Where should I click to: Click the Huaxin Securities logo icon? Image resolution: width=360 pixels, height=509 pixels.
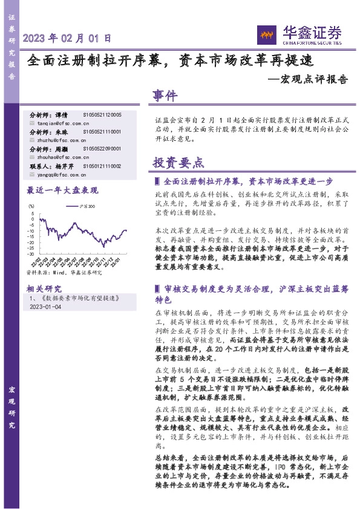click(267, 34)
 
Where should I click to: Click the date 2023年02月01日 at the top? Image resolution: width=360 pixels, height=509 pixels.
click(67, 38)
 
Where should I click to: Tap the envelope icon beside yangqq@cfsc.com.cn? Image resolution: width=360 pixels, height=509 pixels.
click(32, 174)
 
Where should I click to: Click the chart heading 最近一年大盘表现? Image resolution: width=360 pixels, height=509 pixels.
click(62, 190)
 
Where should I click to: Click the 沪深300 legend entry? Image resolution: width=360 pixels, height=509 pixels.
click(70, 206)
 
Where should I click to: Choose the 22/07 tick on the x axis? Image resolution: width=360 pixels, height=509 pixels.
click(73, 262)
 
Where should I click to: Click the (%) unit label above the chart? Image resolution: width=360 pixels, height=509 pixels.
click(32, 206)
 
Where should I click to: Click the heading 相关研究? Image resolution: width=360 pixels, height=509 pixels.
click(44, 288)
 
